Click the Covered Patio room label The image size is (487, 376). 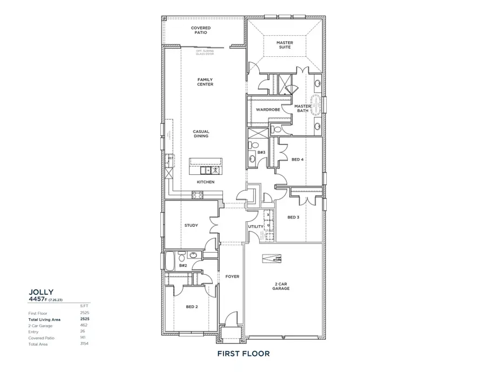201,30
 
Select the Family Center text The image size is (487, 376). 205,82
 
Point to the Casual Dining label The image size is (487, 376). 201,133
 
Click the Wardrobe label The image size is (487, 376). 268,109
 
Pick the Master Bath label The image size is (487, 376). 302,109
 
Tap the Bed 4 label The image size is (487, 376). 297,160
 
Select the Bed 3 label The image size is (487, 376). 293,217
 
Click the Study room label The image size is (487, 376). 191,225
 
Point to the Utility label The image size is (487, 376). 255,226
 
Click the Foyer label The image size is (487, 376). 232,276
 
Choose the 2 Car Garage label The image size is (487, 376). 281,286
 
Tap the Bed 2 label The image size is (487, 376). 192,307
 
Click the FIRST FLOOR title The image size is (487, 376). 243,354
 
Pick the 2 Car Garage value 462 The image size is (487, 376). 84,326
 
